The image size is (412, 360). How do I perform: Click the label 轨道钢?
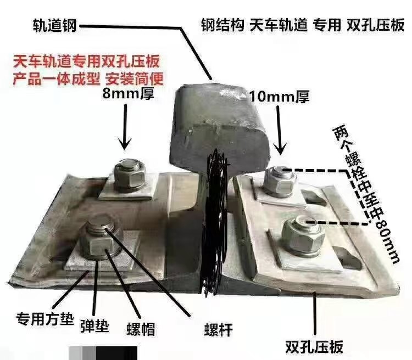click(x=54, y=26)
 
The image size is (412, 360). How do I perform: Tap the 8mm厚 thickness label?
click(x=128, y=93)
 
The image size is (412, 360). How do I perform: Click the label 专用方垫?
click(x=44, y=318)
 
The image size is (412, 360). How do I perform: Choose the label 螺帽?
click(x=141, y=329)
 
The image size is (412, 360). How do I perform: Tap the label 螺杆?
click(x=218, y=330)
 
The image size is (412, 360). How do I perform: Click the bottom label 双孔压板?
click(x=314, y=347)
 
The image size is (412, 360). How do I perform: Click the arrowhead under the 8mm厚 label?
click(x=125, y=144)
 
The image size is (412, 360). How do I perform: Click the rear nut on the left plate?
click(x=130, y=175)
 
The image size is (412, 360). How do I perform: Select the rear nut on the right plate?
click(x=280, y=182)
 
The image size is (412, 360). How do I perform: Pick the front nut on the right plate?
click(x=302, y=235)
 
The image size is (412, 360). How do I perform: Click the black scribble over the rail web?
click(x=215, y=223)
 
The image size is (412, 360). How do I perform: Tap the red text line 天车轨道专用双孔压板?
click(x=86, y=61)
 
